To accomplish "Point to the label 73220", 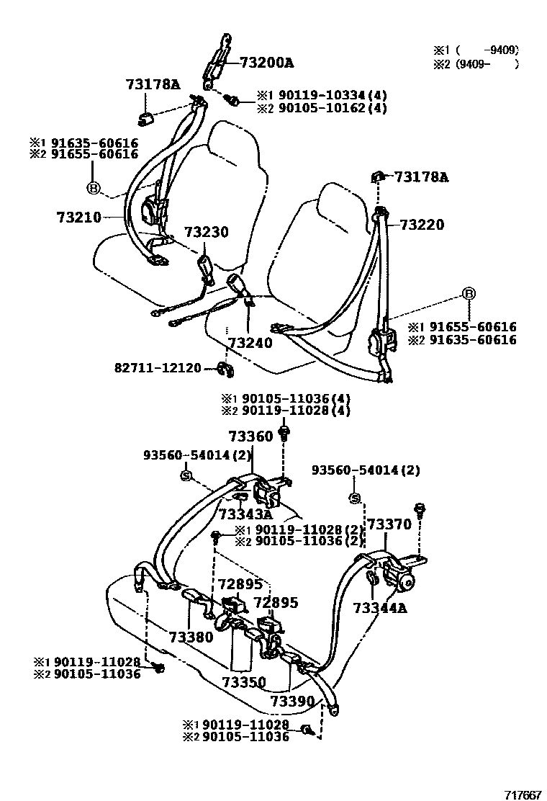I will [x=422, y=225].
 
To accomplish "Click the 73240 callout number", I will [x=250, y=343].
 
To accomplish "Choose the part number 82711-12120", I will [x=158, y=367].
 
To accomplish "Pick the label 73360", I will [x=251, y=437].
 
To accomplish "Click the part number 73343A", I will [x=245, y=514].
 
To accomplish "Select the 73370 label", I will [x=390, y=524].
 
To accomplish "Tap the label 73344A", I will [x=380, y=607].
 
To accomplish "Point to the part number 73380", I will [x=191, y=637].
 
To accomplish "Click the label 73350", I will [x=244, y=682].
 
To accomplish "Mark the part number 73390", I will [x=293, y=701].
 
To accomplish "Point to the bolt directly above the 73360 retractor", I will [x=286, y=432].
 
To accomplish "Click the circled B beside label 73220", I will [x=468, y=293].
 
